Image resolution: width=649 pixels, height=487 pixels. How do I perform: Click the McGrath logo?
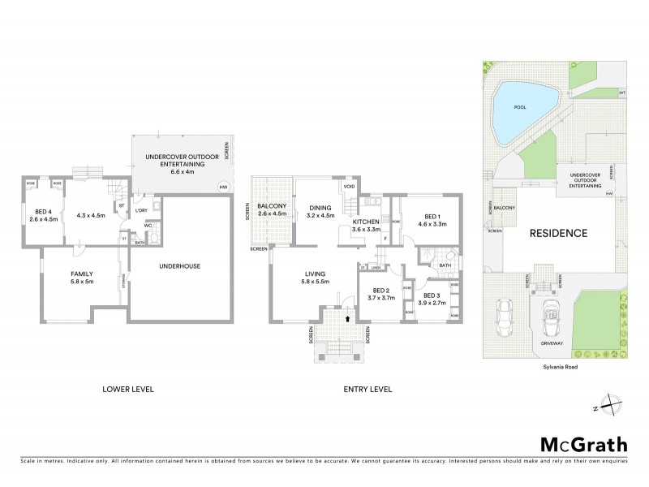pyautogui.click(x=582, y=444)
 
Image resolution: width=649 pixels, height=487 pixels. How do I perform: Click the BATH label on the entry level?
pyautogui.click(x=444, y=264)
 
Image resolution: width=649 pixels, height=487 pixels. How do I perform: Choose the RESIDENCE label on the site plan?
pyautogui.click(x=558, y=233)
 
